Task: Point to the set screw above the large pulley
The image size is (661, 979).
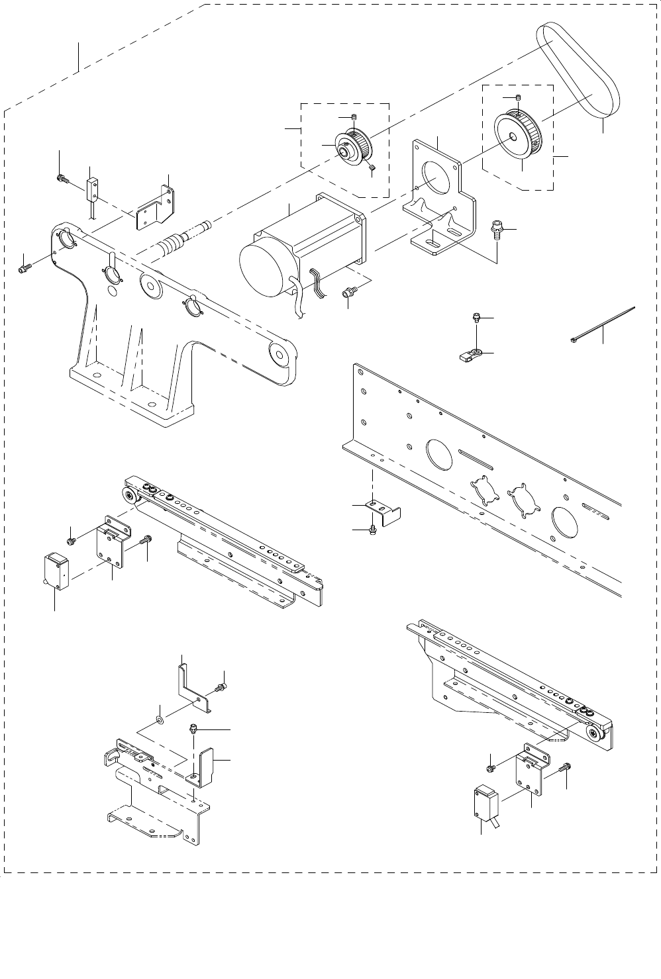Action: click(x=519, y=98)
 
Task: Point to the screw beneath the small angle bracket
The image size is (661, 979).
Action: click(x=373, y=529)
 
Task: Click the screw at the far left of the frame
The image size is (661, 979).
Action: click(x=25, y=268)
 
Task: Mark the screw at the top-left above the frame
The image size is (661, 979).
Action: click(x=62, y=177)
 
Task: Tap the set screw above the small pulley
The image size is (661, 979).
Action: click(x=354, y=118)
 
